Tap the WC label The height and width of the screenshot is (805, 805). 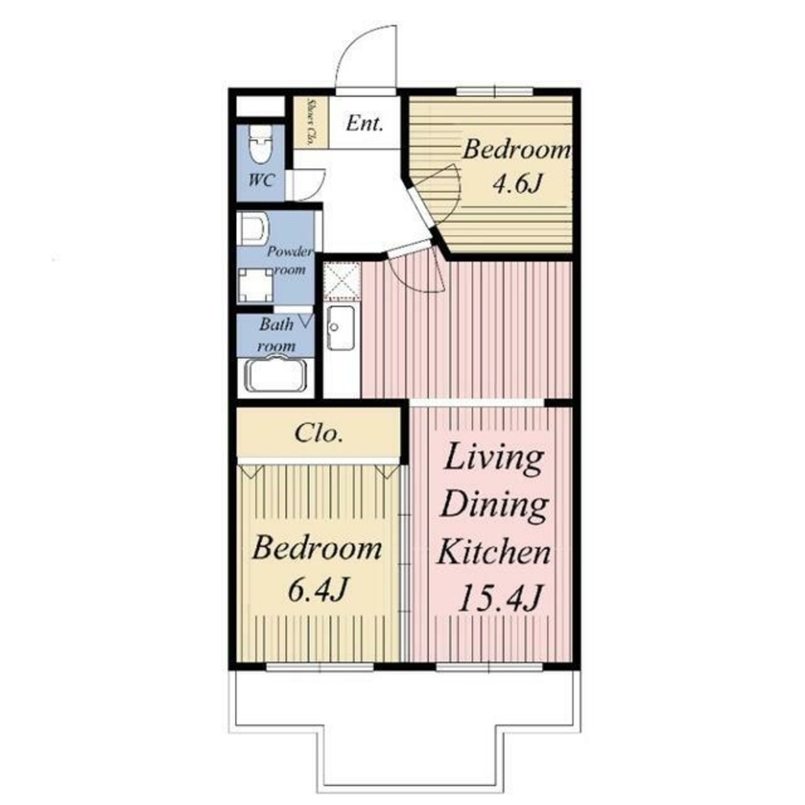[262, 180]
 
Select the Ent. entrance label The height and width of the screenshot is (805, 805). [365, 123]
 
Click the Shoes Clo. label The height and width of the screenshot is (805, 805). [310, 122]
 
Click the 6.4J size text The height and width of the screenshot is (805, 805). [318, 590]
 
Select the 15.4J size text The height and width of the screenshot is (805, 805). [499, 597]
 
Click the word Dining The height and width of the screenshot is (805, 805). [495, 506]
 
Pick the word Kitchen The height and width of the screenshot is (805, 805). [494, 552]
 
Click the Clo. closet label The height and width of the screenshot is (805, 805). [318, 434]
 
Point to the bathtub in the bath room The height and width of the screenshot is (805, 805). [275, 375]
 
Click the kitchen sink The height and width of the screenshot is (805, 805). [341, 328]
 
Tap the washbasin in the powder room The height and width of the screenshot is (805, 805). [254, 228]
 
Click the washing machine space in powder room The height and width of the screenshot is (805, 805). [256, 286]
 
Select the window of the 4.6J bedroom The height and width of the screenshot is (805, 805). [495, 93]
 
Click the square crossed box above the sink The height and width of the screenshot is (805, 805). [342, 280]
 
